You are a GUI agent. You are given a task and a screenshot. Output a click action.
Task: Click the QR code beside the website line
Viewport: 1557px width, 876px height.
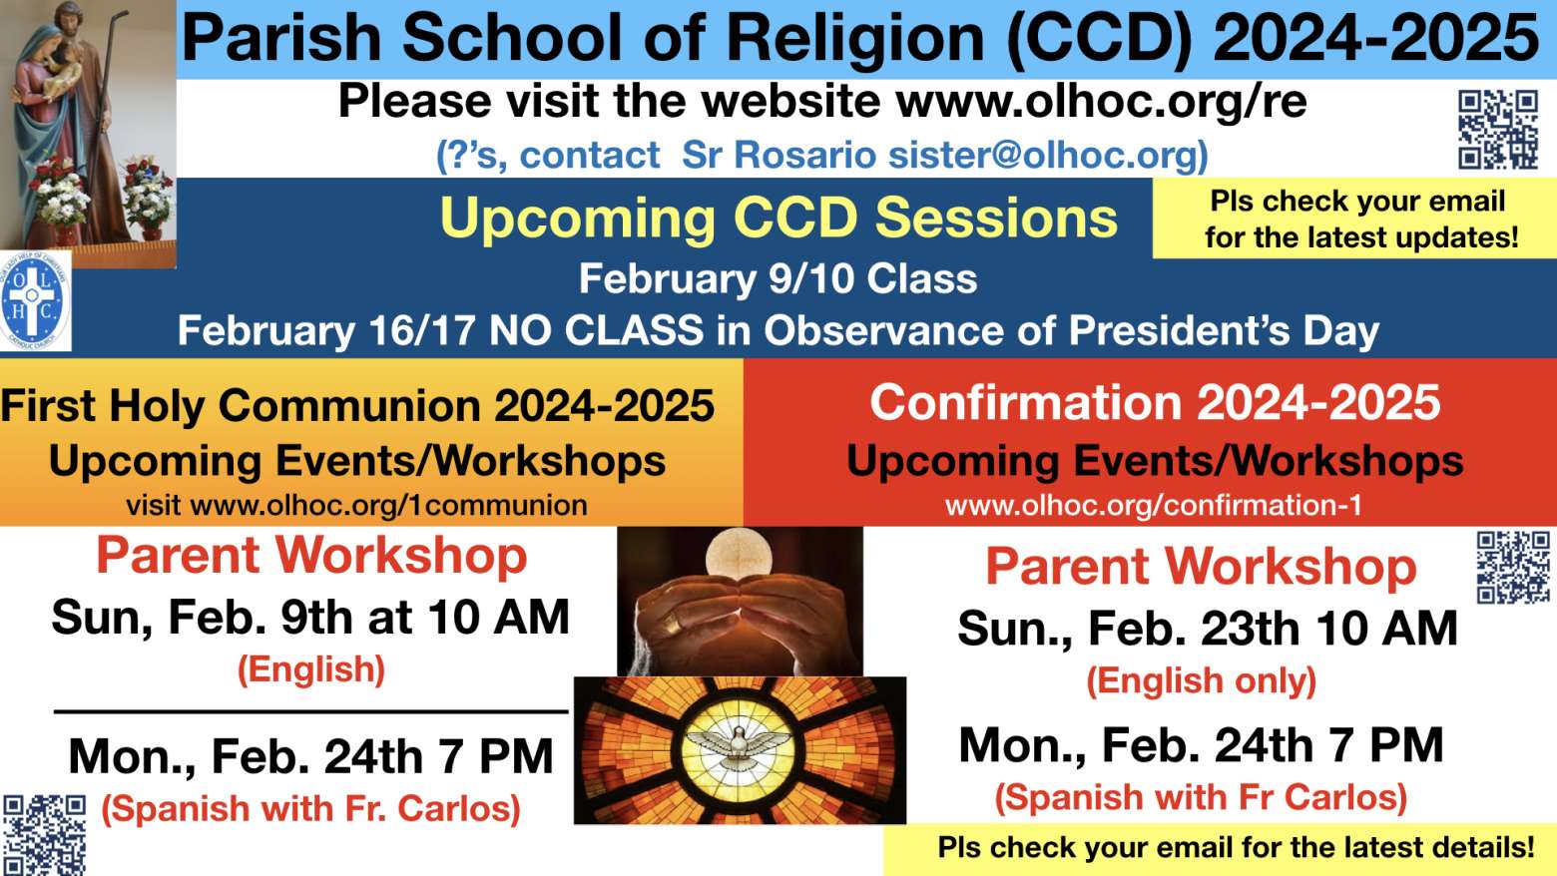1498,130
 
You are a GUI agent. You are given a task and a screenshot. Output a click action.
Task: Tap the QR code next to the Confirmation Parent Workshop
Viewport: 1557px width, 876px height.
1513,568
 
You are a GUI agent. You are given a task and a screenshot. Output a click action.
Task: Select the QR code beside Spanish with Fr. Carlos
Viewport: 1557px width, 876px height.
45,835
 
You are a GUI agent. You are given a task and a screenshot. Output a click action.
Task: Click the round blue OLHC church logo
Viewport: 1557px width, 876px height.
36,300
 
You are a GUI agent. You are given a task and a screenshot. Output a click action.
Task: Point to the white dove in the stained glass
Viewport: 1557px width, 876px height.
739,746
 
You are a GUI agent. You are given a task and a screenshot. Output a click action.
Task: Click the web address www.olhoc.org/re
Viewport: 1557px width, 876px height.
1102,102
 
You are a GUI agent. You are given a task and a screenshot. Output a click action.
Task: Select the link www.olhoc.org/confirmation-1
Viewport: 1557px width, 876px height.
1153,505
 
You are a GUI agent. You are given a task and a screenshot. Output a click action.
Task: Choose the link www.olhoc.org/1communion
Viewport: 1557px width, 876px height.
389,505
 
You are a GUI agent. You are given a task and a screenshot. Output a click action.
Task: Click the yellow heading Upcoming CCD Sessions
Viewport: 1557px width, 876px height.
778,219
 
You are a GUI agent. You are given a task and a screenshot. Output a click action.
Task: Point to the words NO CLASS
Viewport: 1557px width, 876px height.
597,330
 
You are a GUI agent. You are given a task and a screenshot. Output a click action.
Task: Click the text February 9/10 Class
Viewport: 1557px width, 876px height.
778,278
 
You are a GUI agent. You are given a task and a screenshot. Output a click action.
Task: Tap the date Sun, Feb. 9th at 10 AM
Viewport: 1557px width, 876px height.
310,617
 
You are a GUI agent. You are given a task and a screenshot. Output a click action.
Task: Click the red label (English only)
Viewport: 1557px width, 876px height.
1202,680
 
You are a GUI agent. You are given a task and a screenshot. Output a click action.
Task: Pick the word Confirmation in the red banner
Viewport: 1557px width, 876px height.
1026,403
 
